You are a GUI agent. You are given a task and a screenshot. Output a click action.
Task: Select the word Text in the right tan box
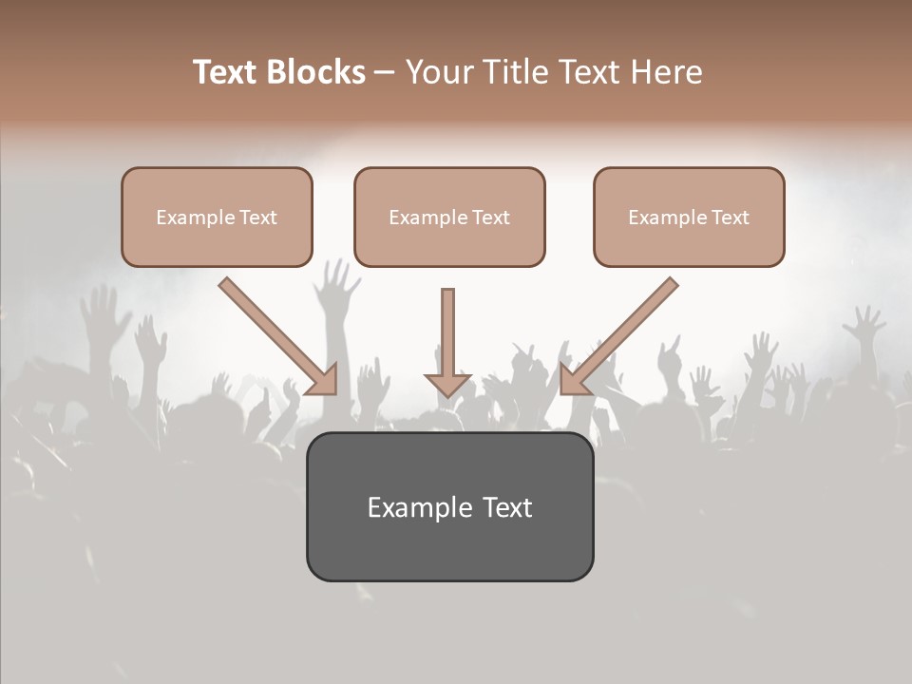click(731, 218)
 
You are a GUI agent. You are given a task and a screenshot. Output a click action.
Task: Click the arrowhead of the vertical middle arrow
click(447, 384)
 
